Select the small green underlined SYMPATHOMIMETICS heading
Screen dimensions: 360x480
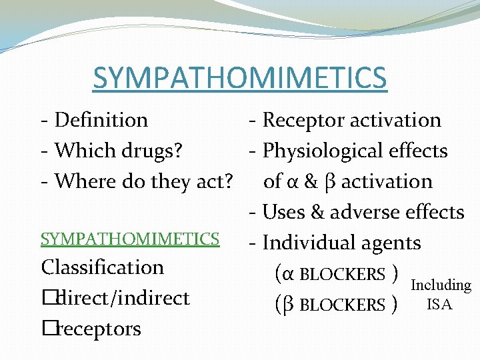coord(130,239)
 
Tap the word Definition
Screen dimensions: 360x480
coord(101,120)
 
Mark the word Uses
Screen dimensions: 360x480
coord(285,212)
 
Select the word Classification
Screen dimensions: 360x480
coord(102,267)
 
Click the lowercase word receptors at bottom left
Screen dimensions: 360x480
coord(99,329)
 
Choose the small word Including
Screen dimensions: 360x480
coord(441,285)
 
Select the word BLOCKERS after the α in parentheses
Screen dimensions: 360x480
coord(343,275)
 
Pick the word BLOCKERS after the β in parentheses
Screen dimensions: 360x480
coord(343,305)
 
